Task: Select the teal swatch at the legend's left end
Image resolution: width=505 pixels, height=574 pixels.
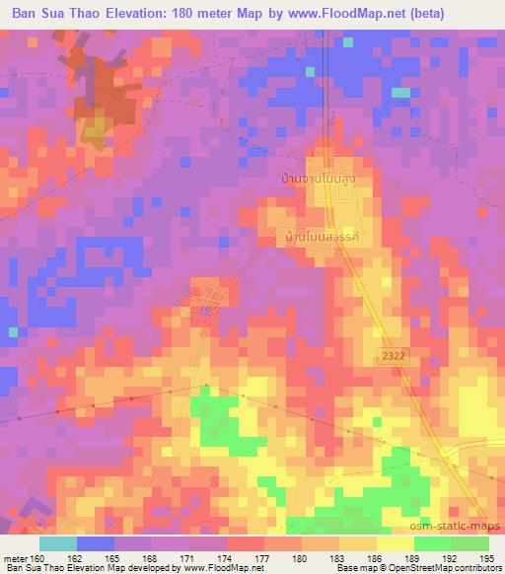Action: click(x=58, y=543)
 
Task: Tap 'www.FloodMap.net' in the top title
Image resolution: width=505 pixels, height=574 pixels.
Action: click(x=329, y=14)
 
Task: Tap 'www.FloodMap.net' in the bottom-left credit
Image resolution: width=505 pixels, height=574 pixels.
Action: click(x=209, y=568)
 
